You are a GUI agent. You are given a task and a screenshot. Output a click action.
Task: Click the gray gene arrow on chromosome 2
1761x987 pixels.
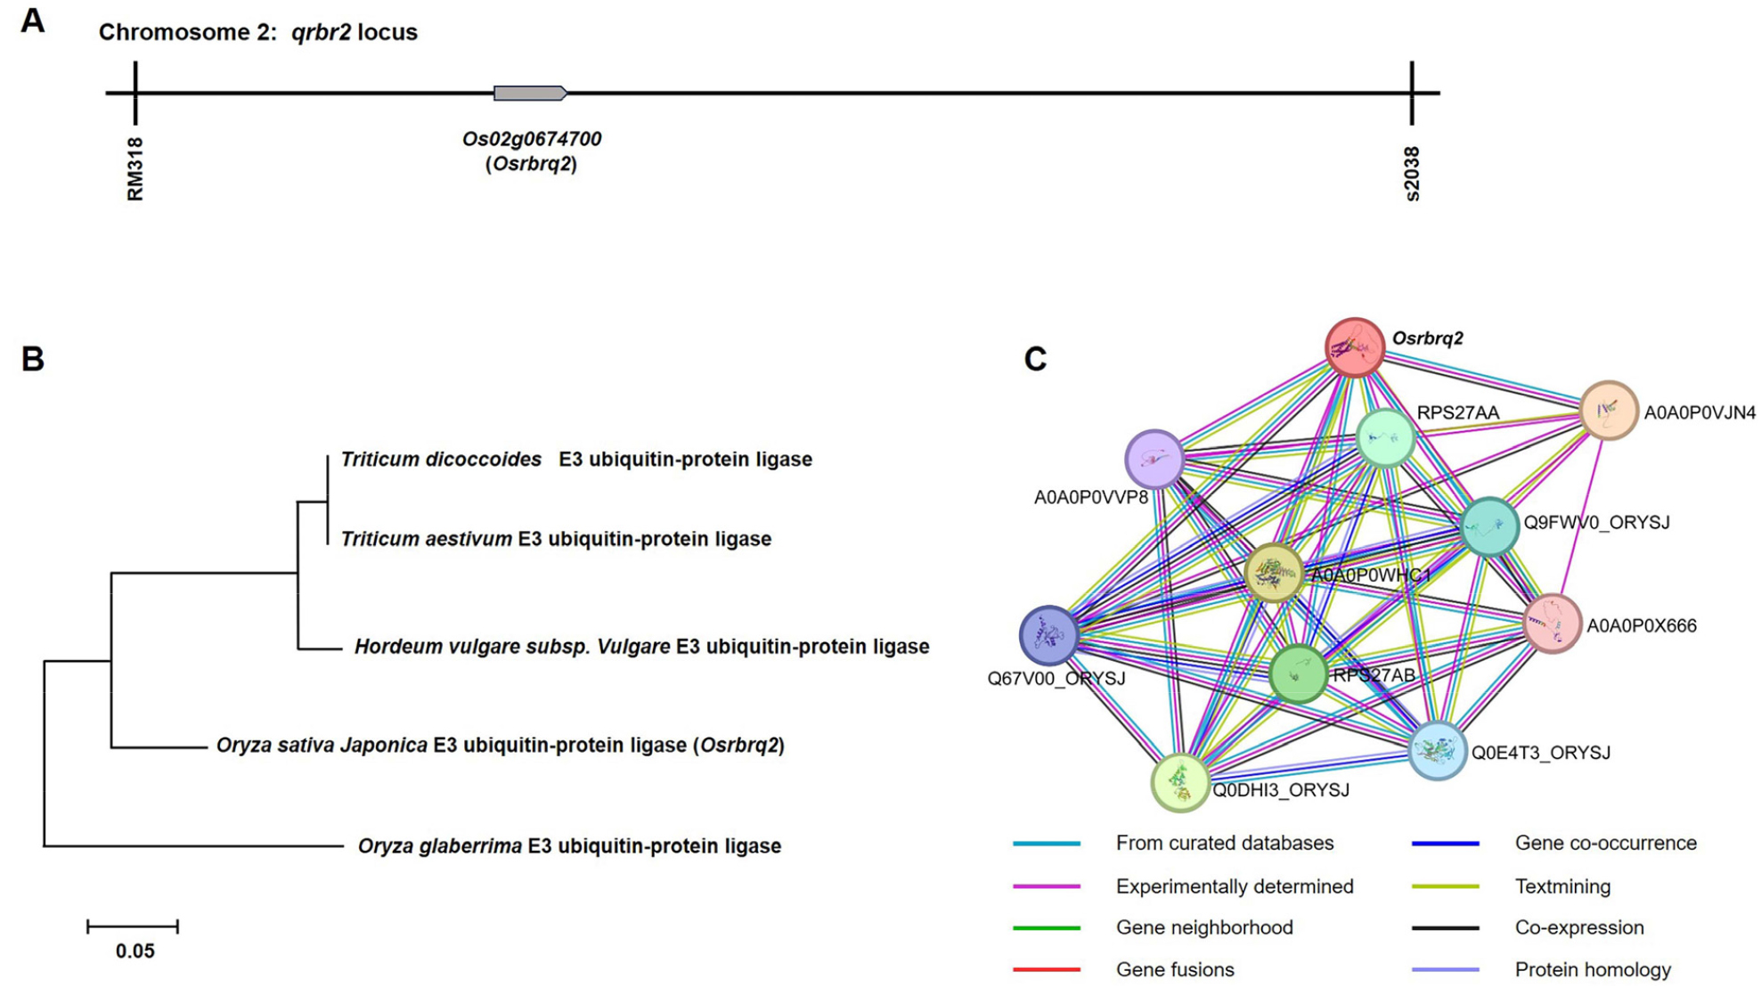pyautogui.click(x=530, y=93)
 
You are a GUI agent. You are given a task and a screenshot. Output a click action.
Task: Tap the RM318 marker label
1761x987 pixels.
pyautogui.click(x=135, y=169)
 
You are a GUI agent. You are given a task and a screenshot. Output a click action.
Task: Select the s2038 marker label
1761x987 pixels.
pyautogui.click(x=1412, y=174)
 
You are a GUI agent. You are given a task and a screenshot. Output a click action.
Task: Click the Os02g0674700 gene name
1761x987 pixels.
pyautogui.click(x=531, y=139)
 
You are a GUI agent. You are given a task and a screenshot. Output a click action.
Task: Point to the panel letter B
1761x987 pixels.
pyautogui.click(x=33, y=359)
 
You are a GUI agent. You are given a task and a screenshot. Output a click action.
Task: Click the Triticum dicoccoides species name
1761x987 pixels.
pyautogui.click(x=441, y=460)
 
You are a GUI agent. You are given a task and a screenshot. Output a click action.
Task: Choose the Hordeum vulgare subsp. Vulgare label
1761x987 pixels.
pyautogui.click(x=512, y=647)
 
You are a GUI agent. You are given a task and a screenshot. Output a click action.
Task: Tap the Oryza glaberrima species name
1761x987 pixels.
pyautogui.click(x=440, y=846)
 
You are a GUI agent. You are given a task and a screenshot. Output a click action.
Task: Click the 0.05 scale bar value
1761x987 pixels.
pyautogui.click(x=135, y=951)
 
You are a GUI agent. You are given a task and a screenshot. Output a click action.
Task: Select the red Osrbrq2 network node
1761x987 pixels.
pyautogui.click(x=1355, y=347)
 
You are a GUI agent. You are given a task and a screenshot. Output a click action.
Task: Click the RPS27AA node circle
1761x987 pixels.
pyautogui.click(x=1386, y=437)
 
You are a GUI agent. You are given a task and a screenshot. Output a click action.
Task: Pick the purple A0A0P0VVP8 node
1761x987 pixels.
pyautogui.click(x=1154, y=460)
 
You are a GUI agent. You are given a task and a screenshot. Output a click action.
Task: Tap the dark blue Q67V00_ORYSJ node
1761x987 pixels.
pyautogui.click(x=1049, y=636)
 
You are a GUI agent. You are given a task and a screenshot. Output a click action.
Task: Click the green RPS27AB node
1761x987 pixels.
pyautogui.click(x=1298, y=673)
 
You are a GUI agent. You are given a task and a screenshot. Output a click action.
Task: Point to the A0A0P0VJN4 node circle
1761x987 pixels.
pyautogui.click(x=1609, y=411)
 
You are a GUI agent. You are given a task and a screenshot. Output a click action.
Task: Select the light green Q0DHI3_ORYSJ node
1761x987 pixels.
pyautogui.click(x=1180, y=782)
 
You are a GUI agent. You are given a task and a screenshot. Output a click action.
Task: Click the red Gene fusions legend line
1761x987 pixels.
pyautogui.click(x=1047, y=969)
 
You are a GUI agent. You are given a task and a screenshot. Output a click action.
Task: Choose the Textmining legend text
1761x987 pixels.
pyautogui.click(x=1562, y=886)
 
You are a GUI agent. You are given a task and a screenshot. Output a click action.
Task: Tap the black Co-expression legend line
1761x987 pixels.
pyautogui.click(x=1445, y=928)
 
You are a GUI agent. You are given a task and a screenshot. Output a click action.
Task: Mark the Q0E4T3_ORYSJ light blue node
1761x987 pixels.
pyautogui.click(x=1438, y=751)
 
